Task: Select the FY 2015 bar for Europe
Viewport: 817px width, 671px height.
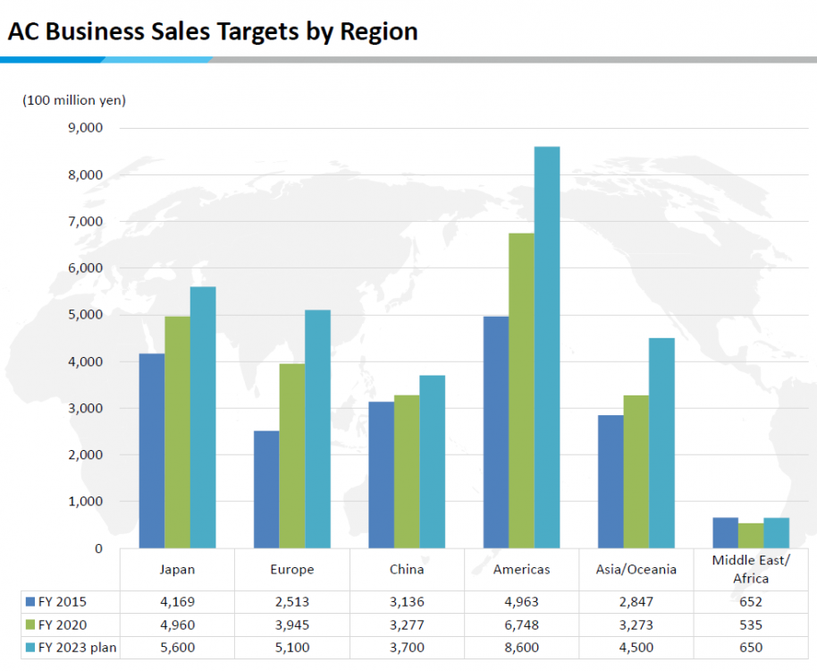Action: click(x=266, y=489)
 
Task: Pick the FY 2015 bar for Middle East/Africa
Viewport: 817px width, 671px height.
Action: click(x=725, y=533)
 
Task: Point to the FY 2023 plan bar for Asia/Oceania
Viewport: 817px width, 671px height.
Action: click(x=661, y=443)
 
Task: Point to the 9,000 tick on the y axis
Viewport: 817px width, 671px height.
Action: click(x=85, y=128)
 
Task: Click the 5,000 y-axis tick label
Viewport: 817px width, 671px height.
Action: click(x=85, y=315)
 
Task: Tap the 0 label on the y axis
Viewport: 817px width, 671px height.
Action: click(x=97, y=548)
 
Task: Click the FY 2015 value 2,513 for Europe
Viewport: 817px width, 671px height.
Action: click(x=291, y=602)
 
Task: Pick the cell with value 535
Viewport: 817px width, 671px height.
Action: click(x=751, y=624)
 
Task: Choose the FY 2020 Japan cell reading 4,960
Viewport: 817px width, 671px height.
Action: click(x=177, y=624)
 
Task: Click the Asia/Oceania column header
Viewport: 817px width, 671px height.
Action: click(x=636, y=569)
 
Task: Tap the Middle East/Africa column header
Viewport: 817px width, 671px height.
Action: click(x=751, y=569)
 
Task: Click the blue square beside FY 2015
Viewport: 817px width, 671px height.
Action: click(x=29, y=602)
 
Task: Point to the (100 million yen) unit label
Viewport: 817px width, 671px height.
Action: click(x=74, y=100)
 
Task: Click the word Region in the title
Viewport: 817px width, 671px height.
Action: click(x=379, y=32)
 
